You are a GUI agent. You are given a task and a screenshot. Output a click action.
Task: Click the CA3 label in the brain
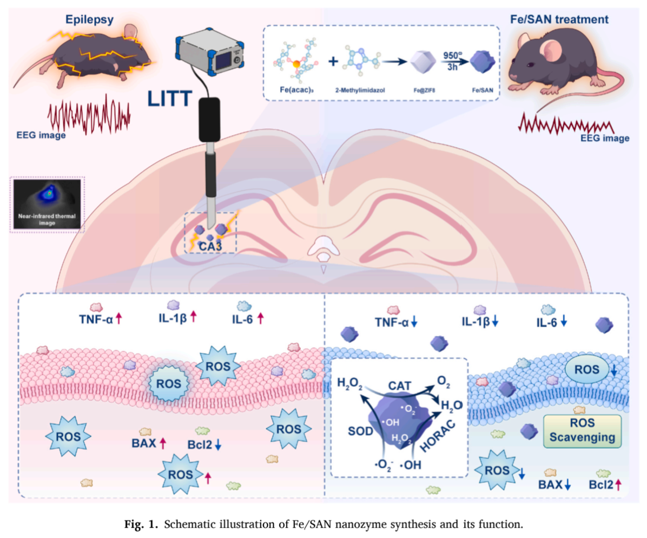(x=209, y=246)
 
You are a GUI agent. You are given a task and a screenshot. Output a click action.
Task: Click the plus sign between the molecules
(x=334, y=61)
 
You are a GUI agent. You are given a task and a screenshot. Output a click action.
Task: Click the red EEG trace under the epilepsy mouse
(x=89, y=113)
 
